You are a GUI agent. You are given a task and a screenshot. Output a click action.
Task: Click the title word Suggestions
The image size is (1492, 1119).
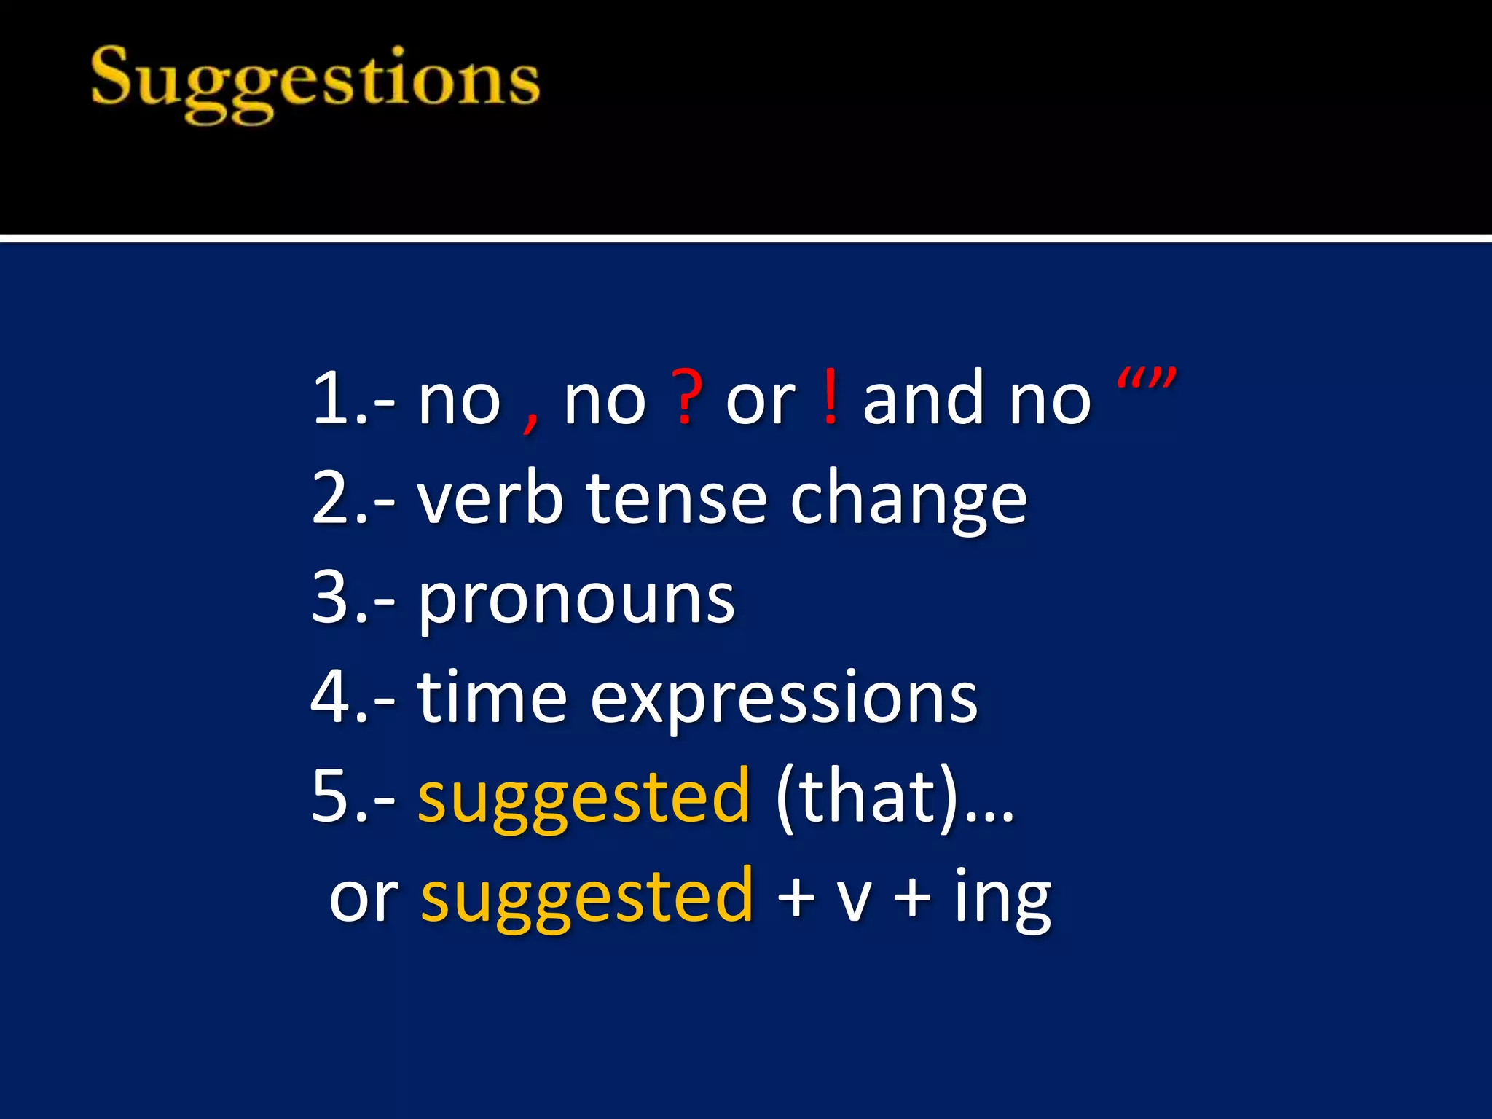(x=315, y=82)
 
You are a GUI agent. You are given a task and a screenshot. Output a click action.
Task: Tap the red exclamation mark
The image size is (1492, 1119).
(x=830, y=398)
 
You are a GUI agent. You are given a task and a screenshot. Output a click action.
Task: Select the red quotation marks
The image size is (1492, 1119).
(x=1147, y=380)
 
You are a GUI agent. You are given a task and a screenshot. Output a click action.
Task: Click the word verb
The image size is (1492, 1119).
(x=490, y=498)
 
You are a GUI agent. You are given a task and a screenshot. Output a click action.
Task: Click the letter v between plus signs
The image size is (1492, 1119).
(x=853, y=900)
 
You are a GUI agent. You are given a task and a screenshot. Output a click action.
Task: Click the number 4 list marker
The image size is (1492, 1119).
(x=332, y=697)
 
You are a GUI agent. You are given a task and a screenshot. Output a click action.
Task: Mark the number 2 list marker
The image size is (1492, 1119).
(x=332, y=498)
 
